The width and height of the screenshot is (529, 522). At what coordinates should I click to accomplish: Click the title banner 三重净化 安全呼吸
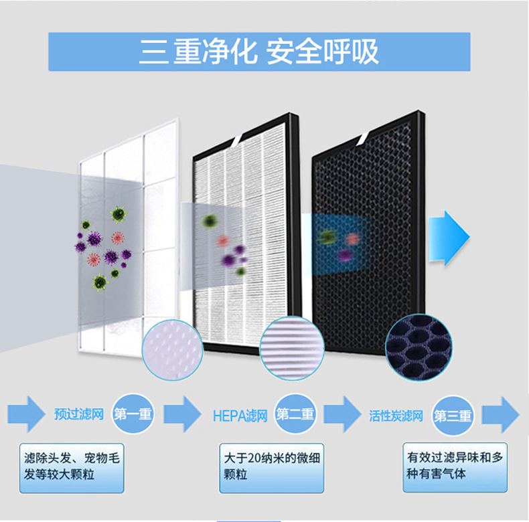click(259, 52)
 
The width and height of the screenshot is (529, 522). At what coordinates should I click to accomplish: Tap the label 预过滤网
click(79, 414)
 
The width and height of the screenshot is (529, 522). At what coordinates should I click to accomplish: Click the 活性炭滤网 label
click(396, 416)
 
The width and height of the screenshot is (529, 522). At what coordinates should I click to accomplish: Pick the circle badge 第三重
click(453, 416)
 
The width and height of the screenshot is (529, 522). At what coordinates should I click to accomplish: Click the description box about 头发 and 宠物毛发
click(72, 466)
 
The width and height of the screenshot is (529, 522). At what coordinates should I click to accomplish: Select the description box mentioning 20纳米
click(271, 466)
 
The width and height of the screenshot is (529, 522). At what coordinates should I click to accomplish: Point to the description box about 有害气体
click(455, 466)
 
